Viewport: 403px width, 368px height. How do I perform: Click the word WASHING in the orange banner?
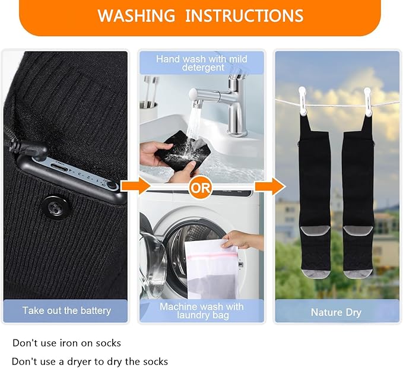click(x=137, y=15)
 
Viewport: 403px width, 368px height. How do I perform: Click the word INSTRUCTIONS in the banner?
click(x=244, y=15)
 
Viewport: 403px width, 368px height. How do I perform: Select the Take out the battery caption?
click(x=66, y=310)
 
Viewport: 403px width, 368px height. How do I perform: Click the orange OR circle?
click(x=201, y=188)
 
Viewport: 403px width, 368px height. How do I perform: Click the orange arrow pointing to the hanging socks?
click(x=270, y=185)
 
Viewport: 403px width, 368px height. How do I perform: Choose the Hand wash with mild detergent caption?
click(x=202, y=64)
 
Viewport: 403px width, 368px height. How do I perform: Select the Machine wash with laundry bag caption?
click(x=202, y=310)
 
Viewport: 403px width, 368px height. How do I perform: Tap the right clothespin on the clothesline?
click(x=367, y=101)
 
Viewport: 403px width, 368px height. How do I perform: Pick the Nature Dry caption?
click(x=336, y=312)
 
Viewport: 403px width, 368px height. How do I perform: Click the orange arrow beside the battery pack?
click(x=135, y=185)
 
